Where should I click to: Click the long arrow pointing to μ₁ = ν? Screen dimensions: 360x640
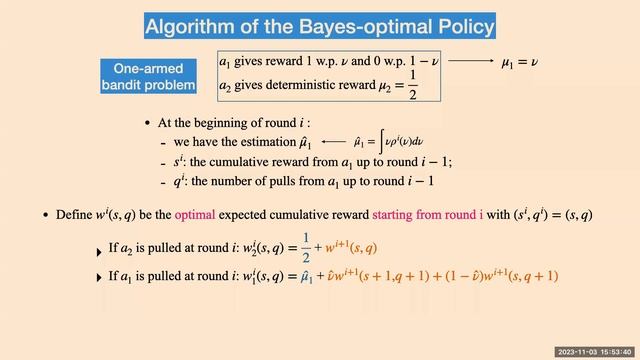click(469, 62)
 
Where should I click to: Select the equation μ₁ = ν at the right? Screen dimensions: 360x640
click(520, 62)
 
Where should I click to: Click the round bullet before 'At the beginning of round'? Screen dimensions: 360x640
click(148, 123)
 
